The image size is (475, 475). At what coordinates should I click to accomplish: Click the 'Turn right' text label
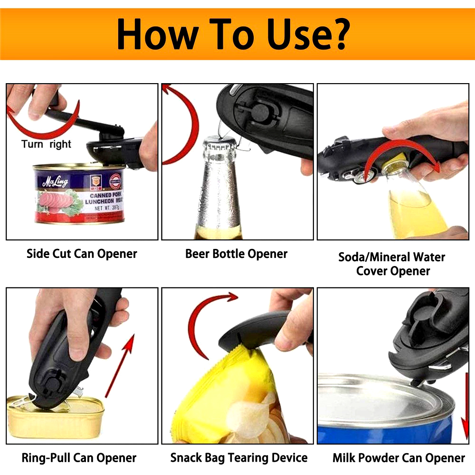tap(46, 144)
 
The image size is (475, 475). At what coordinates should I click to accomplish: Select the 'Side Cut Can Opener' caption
tap(82, 254)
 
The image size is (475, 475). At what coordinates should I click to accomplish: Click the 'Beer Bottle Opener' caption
tap(236, 254)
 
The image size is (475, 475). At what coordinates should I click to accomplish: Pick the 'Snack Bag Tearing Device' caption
tap(239, 458)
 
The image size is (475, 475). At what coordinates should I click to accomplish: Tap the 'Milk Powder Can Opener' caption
tap(399, 458)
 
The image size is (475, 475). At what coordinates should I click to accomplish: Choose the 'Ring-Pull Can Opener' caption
tap(79, 458)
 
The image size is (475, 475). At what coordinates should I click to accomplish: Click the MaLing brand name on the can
tap(55, 181)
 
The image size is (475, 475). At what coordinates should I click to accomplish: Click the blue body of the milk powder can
tap(385, 432)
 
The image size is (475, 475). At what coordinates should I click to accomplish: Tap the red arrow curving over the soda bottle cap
tap(403, 142)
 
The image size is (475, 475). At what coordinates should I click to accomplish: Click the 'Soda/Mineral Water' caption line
tap(392, 257)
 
